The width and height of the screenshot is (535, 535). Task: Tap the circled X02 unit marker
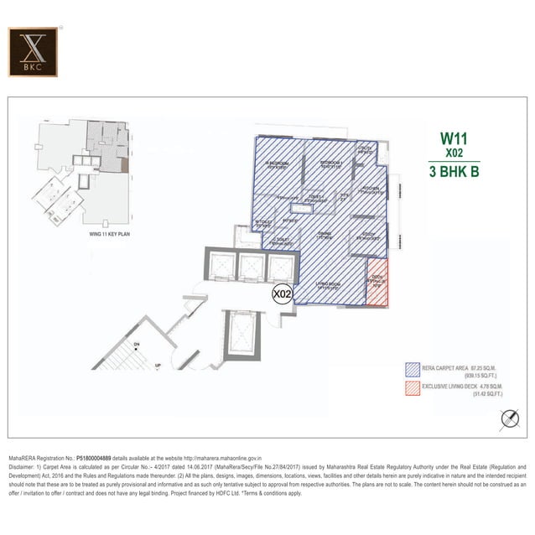tap(283, 294)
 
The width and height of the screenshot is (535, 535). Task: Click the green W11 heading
tap(453, 139)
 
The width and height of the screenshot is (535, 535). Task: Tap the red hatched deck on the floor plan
tap(377, 287)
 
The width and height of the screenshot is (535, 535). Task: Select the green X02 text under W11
tap(453, 154)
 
